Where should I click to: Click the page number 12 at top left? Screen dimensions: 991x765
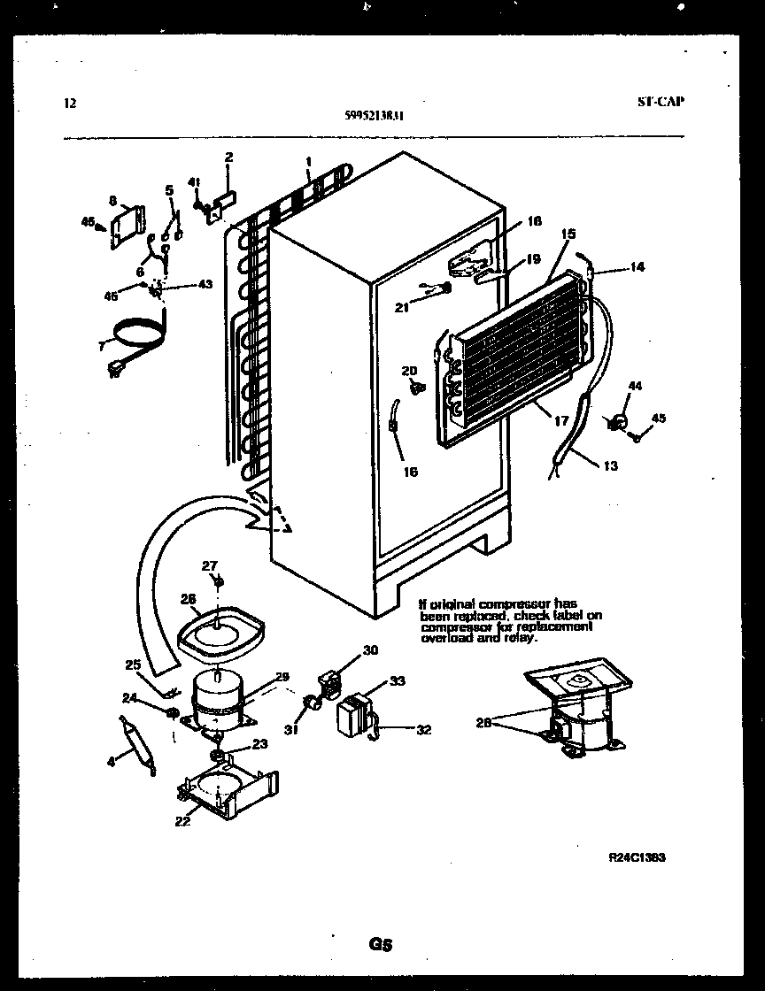tap(71, 103)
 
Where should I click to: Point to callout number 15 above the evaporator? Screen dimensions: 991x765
tap(568, 234)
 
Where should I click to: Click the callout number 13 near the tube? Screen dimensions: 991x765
tap(610, 466)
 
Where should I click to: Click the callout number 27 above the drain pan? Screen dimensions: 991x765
tap(209, 565)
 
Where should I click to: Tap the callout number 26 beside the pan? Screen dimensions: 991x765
tap(188, 599)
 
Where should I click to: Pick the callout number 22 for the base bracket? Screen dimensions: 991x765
tap(182, 820)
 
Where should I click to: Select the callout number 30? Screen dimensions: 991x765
tap(370, 650)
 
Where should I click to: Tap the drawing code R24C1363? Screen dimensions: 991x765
tap(637, 857)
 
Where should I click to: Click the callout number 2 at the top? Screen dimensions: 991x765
tap(228, 157)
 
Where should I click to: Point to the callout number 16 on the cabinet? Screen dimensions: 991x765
tap(409, 472)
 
